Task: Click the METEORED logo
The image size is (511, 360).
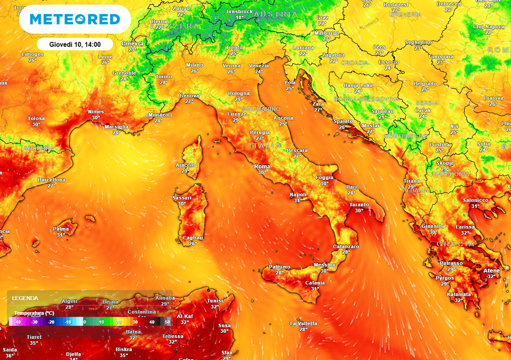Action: pos(75,19)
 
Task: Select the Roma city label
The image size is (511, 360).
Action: pos(262,167)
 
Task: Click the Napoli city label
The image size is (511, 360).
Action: pos(298,194)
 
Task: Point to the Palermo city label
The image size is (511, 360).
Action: pos(279,267)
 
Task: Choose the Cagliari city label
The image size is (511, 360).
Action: pos(193,238)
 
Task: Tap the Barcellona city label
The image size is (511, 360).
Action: pos(51,180)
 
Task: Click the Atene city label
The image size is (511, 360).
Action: pos(491,270)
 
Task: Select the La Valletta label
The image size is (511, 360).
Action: pos(303,324)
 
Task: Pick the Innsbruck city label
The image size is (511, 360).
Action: pos(239,11)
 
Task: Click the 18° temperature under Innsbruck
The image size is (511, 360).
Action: pos(240,17)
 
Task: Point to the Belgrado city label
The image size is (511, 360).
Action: pos(425,84)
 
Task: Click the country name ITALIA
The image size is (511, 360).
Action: pos(265,146)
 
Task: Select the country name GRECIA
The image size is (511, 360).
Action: pos(456,244)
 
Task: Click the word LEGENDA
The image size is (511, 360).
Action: pos(25,298)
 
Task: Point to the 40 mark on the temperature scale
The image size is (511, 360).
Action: pos(152,322)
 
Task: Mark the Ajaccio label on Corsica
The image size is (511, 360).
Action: pos(185,165)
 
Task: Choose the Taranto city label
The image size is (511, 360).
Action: pos(359,204)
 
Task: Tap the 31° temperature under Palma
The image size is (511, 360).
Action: pos(61,234)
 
